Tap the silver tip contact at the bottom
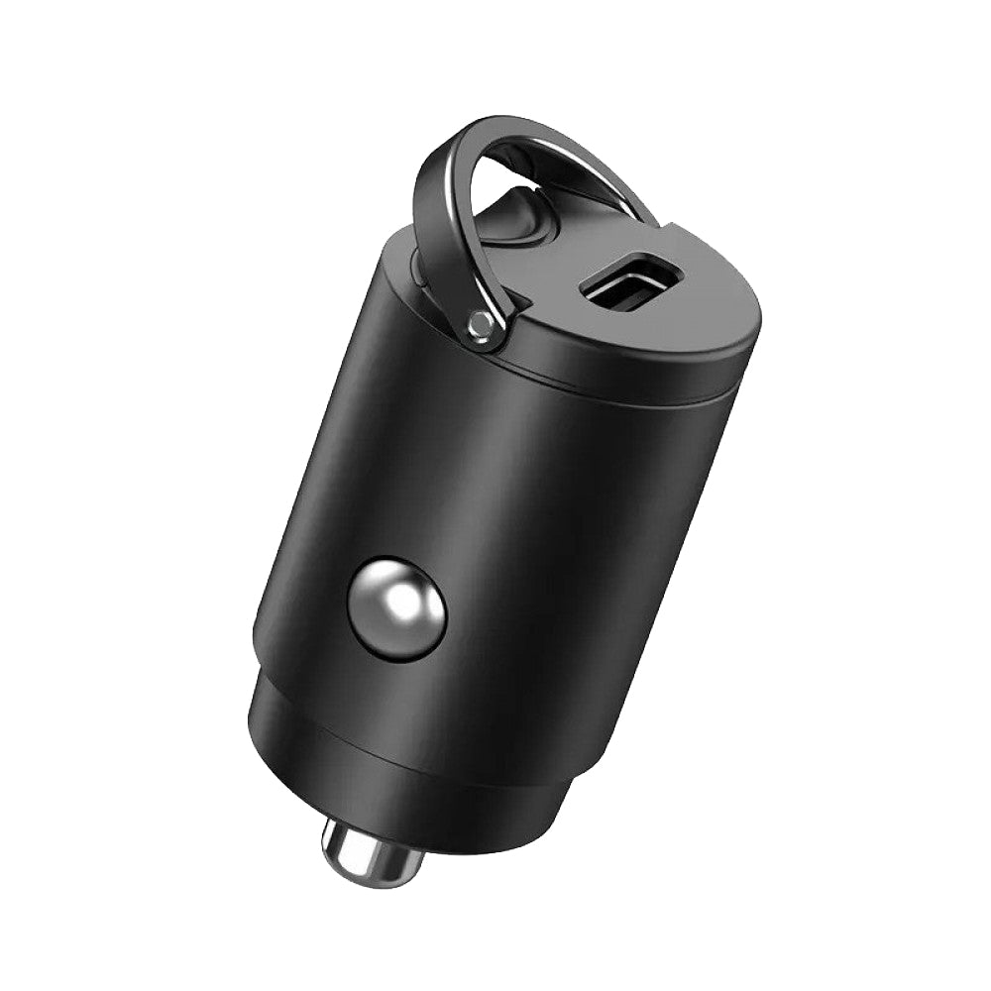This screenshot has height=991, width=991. pyautogui.click(x=372, y=854)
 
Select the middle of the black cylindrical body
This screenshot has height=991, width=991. pyautogui.click(x=515, y=515)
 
